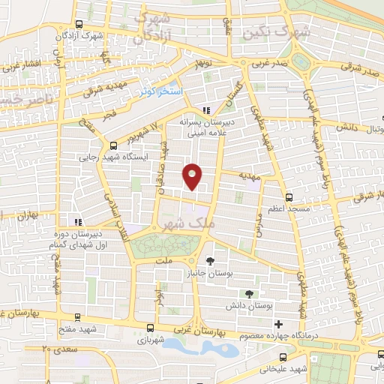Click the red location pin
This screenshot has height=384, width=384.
193,176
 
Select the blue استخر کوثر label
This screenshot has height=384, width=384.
160,91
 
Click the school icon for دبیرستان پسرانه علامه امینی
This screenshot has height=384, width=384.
206,110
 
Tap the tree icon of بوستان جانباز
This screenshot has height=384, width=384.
214,261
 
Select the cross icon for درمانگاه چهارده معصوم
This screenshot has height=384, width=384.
278,324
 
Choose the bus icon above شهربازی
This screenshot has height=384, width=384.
151,328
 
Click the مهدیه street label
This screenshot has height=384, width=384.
248,173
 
